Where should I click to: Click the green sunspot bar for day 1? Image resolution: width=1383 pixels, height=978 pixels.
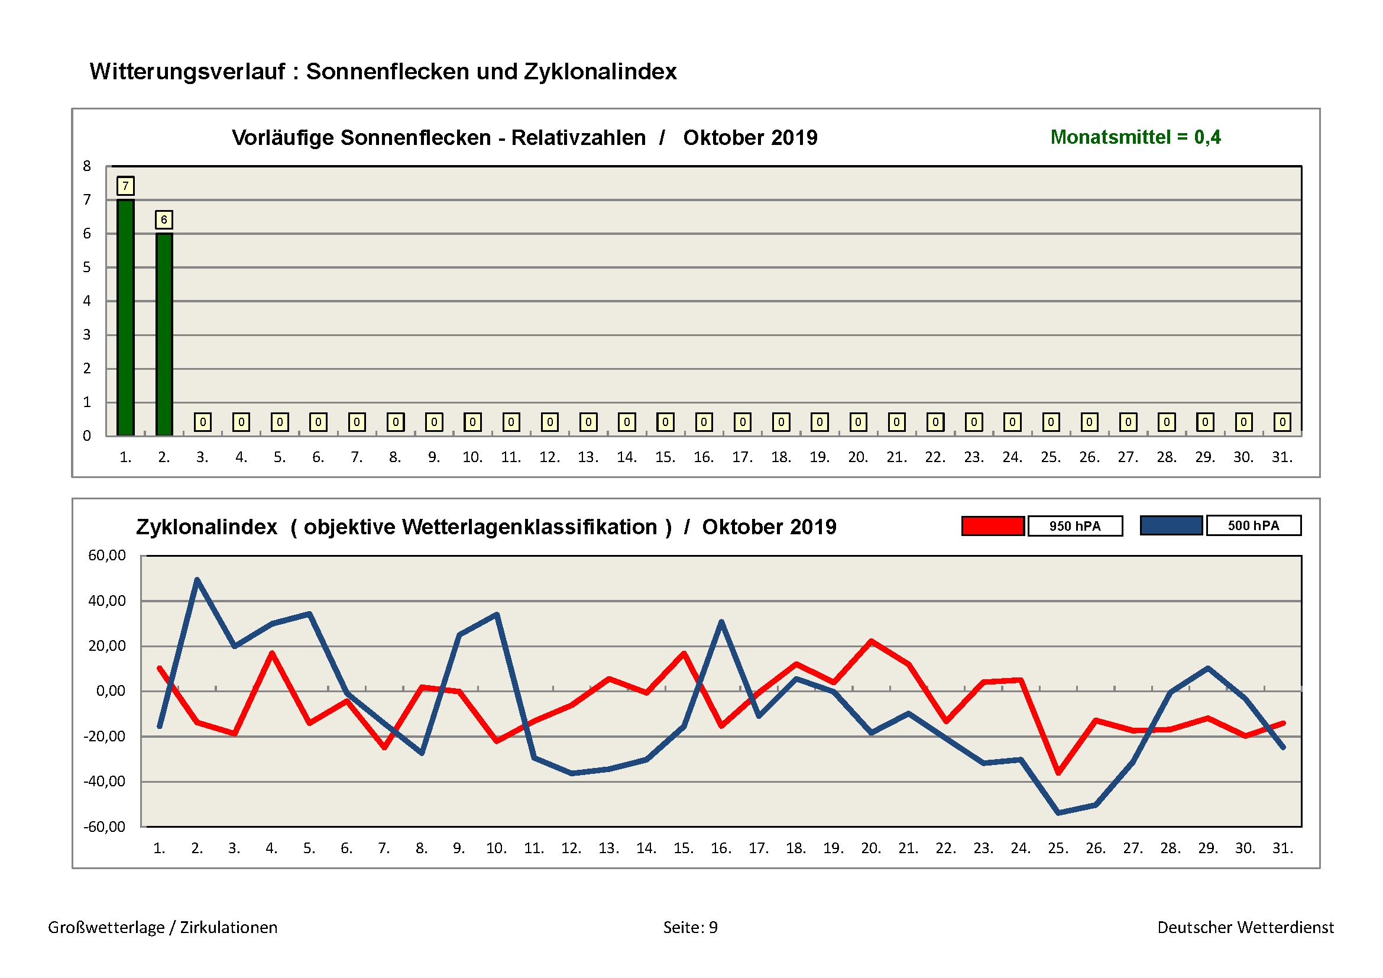point(125,317)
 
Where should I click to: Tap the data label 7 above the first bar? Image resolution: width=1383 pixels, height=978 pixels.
point(125,186)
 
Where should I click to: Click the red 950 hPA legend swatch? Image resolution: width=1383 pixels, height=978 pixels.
point(992,526)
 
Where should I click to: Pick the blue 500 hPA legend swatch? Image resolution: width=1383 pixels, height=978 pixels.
point(1171,525)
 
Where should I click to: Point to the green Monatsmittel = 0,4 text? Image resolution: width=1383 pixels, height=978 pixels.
point(1135,137)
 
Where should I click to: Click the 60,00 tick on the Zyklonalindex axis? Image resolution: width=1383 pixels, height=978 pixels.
point(106,556)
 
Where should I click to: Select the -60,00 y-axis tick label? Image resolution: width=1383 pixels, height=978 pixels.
point(104,827)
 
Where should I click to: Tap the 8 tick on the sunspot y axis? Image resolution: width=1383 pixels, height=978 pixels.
point(87,166)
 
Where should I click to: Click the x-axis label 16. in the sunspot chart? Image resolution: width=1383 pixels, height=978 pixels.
point(704,457)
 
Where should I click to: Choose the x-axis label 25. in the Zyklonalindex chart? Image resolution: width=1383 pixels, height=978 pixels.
point(1058,848)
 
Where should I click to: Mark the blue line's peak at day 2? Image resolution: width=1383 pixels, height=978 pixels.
point(197,580)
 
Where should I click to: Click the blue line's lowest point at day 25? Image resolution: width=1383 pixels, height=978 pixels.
point(1058,813)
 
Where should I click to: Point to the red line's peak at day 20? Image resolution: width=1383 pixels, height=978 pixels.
point(871,641)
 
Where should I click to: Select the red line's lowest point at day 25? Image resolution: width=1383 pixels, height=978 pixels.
point(1058,773)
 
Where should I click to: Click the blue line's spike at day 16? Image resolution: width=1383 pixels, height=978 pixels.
point(721,622)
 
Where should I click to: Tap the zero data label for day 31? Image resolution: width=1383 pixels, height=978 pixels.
point(1282,422)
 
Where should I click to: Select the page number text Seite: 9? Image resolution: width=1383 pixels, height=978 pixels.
point(690,927)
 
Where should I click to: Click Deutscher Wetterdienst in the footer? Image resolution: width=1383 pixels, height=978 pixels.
point(1245,927)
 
